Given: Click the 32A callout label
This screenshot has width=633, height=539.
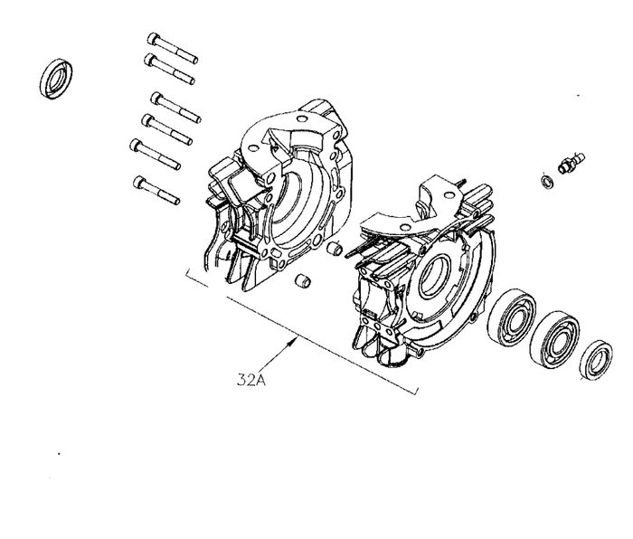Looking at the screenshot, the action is tap(251, 381).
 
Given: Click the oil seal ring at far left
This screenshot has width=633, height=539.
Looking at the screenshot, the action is tap(56, 79).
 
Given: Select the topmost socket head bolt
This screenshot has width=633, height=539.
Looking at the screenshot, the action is tap(173, 48).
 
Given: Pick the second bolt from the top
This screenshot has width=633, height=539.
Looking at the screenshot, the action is tap(169, 69).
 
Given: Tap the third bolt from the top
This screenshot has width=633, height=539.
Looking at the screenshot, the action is tap(175, 108).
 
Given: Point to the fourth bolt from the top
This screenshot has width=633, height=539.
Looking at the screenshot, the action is tap(166, 129).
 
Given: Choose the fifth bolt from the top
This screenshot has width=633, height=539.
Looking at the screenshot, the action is tap(155, 155).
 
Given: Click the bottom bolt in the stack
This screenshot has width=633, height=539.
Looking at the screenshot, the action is tap(156, 190).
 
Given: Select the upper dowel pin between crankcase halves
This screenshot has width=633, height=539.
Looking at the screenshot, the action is tap(335, 249).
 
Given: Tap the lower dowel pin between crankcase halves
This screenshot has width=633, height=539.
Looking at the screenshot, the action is tap(302, 280).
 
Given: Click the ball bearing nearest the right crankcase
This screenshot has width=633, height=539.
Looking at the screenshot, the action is tap(512, 317).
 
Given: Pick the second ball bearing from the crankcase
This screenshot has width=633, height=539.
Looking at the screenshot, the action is tap(554, 339).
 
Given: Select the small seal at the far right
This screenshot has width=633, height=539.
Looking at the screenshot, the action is tap(596, 360).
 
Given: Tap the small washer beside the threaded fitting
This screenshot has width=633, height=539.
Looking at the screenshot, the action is tap(546, 181).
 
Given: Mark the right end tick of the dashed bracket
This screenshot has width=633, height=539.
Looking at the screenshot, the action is tap(416, 390).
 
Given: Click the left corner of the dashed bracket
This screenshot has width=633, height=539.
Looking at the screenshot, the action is tap(187, 275).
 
